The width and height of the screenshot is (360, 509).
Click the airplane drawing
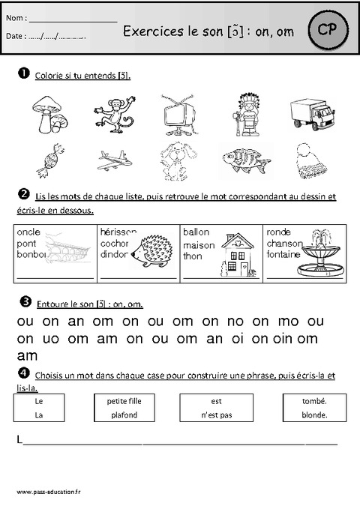114,160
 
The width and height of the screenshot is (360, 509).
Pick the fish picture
241,159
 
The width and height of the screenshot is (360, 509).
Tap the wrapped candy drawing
49,160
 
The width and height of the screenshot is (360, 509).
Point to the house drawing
236,254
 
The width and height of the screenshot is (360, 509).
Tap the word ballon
196,232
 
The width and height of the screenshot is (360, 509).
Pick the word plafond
124,415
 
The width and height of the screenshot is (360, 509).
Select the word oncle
28,232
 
